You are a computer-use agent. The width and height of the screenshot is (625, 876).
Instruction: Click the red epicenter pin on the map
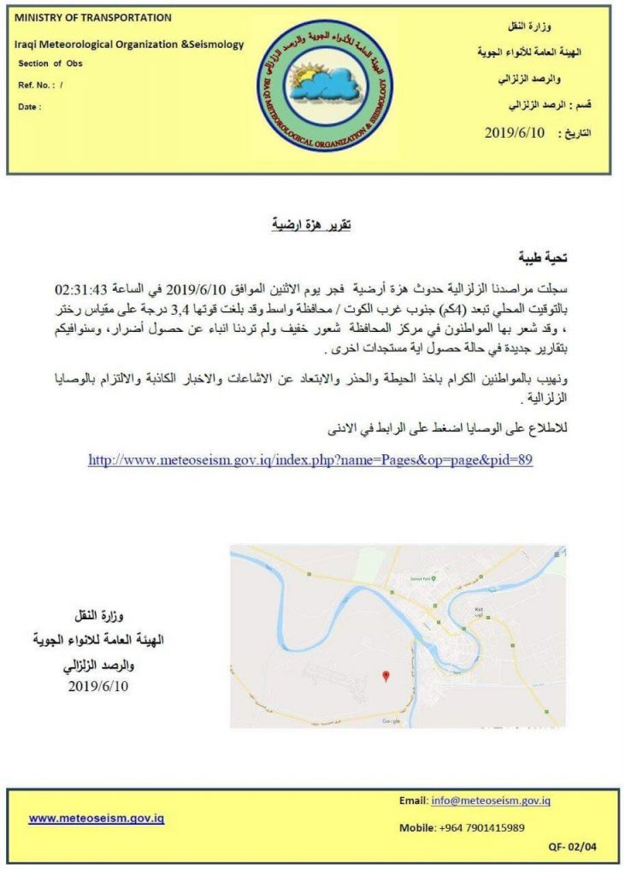point(386,677)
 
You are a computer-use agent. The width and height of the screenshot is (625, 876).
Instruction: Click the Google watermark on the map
point(391,721)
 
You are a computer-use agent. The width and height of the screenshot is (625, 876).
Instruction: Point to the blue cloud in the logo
point(329,86)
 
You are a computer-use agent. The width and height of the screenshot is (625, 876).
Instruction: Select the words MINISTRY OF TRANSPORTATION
point(93,17)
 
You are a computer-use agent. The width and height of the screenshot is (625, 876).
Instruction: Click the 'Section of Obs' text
point(50,63)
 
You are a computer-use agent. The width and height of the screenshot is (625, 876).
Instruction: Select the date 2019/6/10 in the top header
point(514,133)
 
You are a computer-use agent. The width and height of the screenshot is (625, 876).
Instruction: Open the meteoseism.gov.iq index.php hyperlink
point(310,460)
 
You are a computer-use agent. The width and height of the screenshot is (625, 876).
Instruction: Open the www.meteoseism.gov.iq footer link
point(96,818)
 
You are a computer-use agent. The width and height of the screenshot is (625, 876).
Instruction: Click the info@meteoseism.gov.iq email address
point(490,801)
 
